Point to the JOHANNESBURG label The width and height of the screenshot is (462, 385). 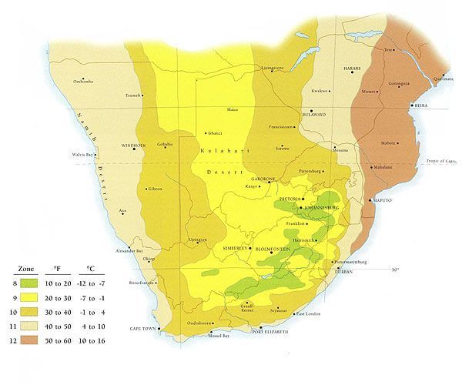[x=323, y=208]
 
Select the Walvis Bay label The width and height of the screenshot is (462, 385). [x=82, y=156]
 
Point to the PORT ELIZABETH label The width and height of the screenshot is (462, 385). [x=269, y=331]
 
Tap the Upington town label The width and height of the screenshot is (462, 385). [x=197, y=240]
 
